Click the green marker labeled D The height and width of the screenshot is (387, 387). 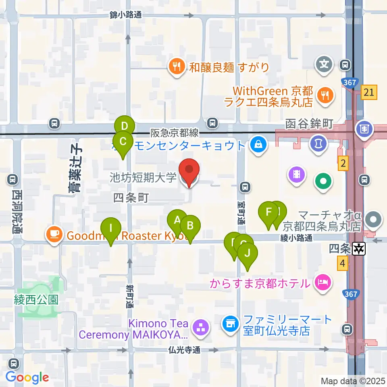125,126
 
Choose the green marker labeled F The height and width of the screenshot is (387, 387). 268,212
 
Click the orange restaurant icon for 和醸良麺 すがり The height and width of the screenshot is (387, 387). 176,67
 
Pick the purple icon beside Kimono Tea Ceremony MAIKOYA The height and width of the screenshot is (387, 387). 200,327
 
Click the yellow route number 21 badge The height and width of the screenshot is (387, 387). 369,92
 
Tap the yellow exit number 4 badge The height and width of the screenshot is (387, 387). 343,264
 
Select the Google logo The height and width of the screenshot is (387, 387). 27,377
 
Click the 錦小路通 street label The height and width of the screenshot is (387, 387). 126,15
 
